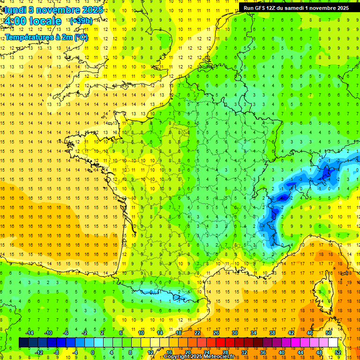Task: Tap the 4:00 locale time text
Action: coord(32,21)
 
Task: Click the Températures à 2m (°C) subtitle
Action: coord(46,37)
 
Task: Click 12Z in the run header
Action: coord(274,8)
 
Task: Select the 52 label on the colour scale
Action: coord(337,352)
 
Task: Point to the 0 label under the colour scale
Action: coord(93,352)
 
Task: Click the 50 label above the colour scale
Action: coord(328,333)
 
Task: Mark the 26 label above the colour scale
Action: coord(216,333)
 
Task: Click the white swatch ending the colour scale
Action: coord(333,343)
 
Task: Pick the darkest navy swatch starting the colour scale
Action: coord(23,343)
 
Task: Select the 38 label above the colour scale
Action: coord(272,333)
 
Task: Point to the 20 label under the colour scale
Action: coord(187,352)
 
